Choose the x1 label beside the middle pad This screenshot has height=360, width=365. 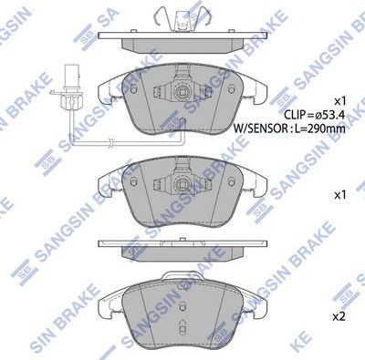(x=339, y=194)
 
